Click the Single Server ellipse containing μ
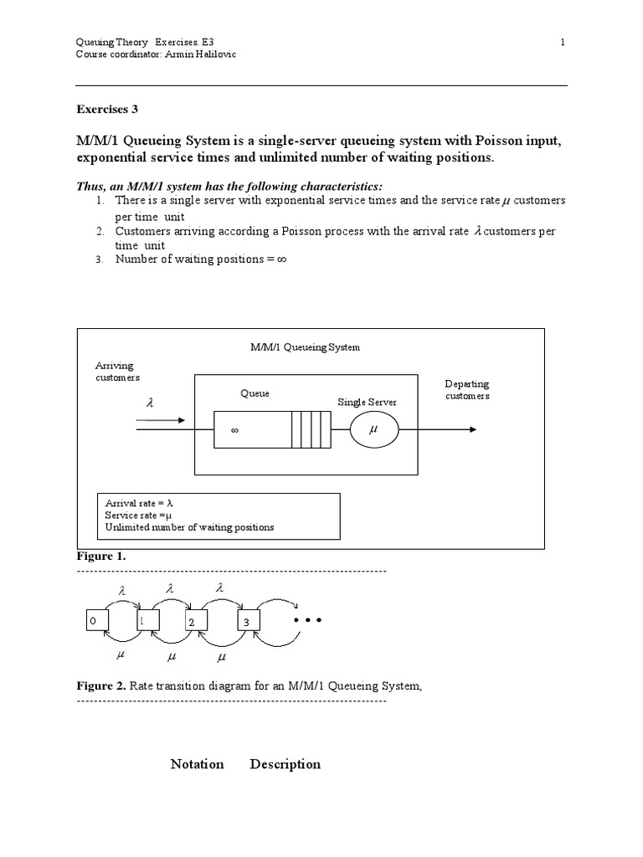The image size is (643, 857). (373, 430)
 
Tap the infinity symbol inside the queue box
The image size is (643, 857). (235, 431)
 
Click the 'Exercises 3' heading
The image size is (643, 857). (106, 109)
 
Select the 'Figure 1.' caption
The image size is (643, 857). (101, 556)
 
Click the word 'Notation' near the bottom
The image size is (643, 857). (197, 764)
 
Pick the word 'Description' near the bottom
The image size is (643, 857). (285, 764)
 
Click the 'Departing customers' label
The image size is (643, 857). (466, 390)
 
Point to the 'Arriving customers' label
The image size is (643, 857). (117, 372)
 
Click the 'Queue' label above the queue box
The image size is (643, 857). (255, 393)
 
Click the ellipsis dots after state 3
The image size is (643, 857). (307, 621)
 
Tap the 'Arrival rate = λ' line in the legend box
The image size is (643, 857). (138, 503)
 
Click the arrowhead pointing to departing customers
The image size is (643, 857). (473, 429)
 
